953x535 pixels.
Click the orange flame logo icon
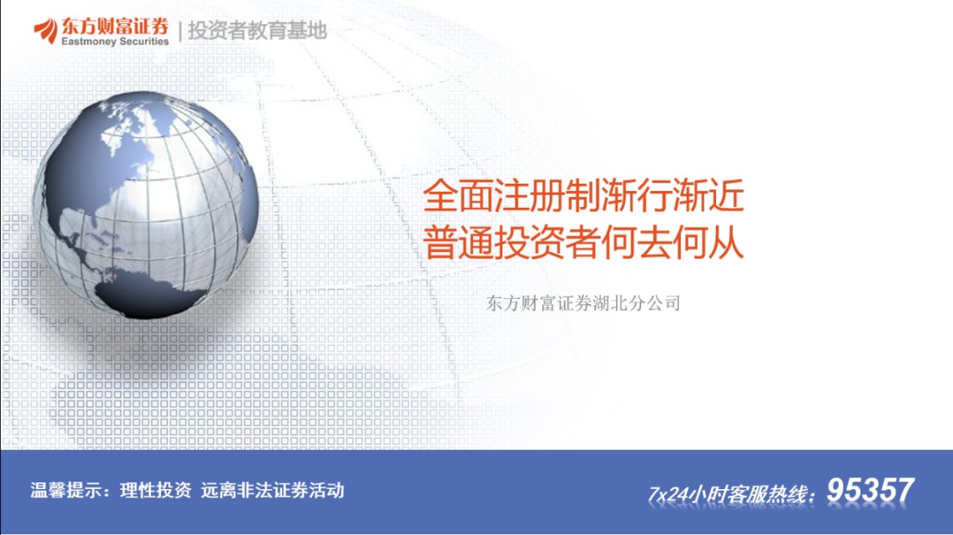pos(46,31)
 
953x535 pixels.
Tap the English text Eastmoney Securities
pos(115,42)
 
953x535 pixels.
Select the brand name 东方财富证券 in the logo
pos(115,26)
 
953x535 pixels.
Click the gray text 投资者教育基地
pos(257,30)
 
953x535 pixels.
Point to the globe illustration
pos(146,204)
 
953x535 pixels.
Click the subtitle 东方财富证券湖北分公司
pos(582,303)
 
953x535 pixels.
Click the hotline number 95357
pos(870,490)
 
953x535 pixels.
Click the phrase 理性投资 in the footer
pos(155,490)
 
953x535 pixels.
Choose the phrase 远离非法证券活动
pos(272,490)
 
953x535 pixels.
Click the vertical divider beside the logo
pos(179,31)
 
